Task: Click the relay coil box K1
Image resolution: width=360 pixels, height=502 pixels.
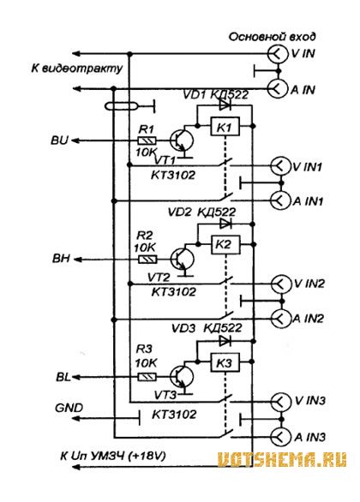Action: [x=225, y=127]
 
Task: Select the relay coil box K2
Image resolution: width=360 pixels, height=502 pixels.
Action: [x=225, y=245]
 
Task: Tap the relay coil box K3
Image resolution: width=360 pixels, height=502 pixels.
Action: [x=225, y=362]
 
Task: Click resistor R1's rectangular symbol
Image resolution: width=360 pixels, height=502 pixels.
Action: [x=147, y=140]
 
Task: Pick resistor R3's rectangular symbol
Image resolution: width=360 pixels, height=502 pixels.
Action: [x=147, y=377]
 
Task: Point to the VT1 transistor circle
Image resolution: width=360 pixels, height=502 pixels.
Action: [x=182, y=140]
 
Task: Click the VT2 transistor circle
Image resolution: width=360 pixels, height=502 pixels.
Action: [x=183, y=259]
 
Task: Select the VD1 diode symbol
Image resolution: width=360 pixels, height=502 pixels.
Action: [x=225, y=105]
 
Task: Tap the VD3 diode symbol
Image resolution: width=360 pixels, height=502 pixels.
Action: [x=225, y=341]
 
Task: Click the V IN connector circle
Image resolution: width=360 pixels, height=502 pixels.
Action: [x=278, y=54]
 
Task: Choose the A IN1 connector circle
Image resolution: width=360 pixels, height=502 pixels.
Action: [x=280, y=200]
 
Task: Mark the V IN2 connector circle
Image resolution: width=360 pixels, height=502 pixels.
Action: [x=281, y=284]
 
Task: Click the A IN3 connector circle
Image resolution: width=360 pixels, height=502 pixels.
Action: [x=280, y=437]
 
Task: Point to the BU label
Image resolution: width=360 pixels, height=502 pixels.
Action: [x=59, y=140]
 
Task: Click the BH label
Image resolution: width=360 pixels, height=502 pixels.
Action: [x=61, y=259]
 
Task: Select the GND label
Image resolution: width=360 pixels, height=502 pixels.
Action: [x=69, y=408]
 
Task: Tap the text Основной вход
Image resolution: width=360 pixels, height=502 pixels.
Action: [x=273, y=37]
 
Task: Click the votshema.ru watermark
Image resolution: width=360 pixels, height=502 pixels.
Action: [x=282, y=460]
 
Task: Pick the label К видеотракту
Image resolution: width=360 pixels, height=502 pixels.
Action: [x=77, y=69]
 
